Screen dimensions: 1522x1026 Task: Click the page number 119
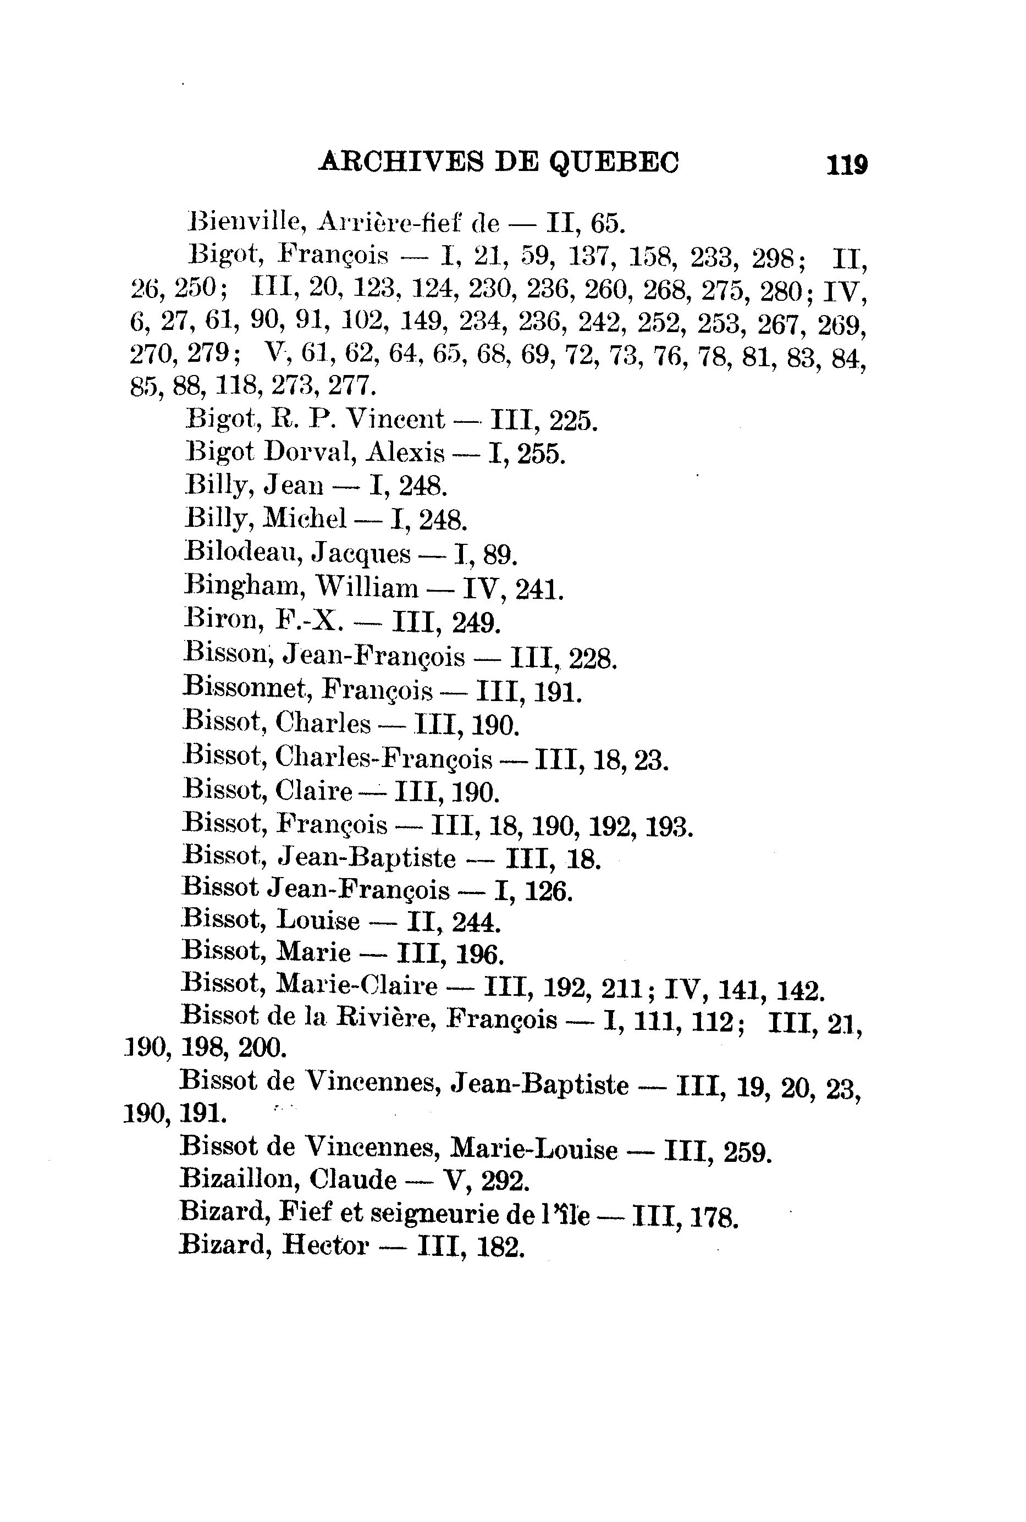847,164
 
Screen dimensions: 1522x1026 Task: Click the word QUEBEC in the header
613,162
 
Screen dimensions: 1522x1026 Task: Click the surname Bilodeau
242,553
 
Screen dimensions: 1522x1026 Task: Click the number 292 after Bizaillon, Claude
504,1181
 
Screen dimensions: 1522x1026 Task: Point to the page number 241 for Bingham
538,589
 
